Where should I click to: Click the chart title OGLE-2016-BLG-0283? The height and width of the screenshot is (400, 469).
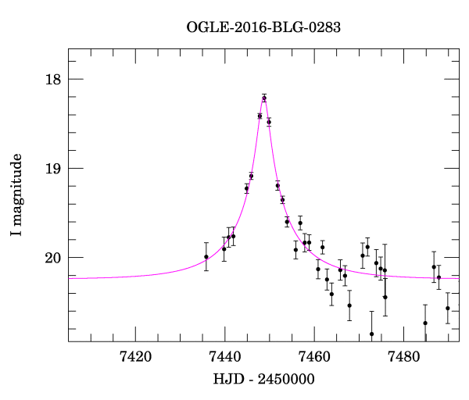[x=264, y=27]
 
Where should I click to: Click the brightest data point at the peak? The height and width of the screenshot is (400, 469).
[x=264, y=98]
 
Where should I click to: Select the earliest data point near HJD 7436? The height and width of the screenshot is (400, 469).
[x=206, y=256]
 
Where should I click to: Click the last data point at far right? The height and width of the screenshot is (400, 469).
[x=448, y=308]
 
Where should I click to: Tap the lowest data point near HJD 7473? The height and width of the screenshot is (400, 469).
[x=372, y=334]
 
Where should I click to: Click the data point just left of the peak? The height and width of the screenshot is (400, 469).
[x=260, y=116]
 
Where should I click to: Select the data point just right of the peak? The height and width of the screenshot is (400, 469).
[x=269, y=122]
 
